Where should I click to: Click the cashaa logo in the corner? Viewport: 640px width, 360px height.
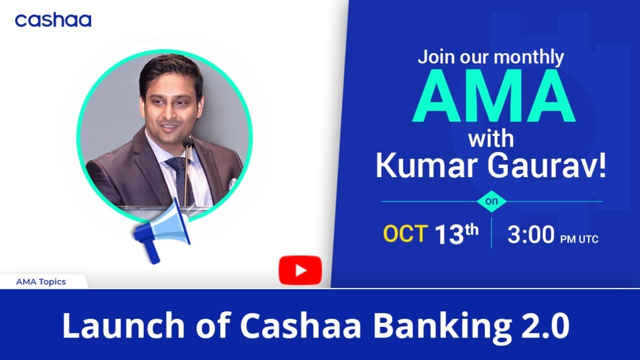coord(53,20)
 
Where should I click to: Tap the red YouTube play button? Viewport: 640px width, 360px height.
coord(300,270)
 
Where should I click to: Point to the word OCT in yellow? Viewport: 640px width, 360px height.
coord(405,234)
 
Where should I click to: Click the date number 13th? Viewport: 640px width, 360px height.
coord(456,234)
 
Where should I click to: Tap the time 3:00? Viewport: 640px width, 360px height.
coord(530,235)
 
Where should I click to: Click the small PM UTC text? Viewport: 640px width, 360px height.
coord(579,239)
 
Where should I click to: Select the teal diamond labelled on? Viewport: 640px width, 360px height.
coord(491,201)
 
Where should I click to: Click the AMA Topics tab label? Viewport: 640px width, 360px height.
coord(41,281)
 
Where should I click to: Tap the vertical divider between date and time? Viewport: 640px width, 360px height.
coord(491,233)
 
